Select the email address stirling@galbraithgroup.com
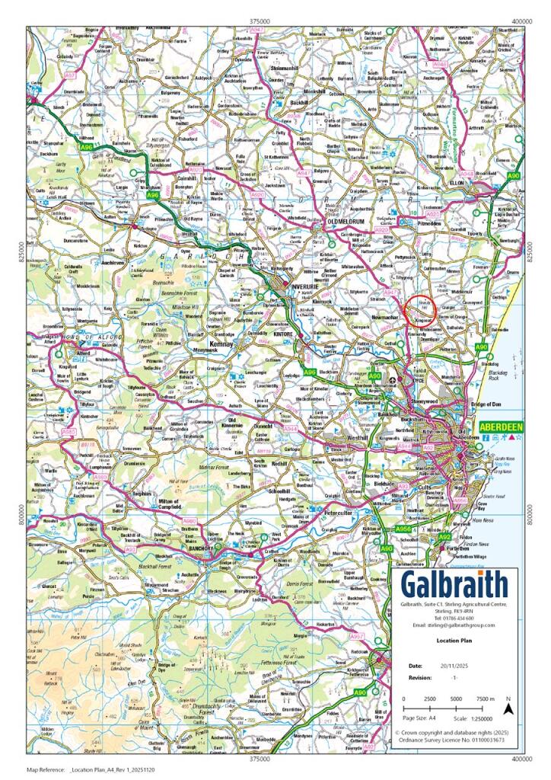point(454,625)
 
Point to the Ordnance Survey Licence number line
point(450,739)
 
